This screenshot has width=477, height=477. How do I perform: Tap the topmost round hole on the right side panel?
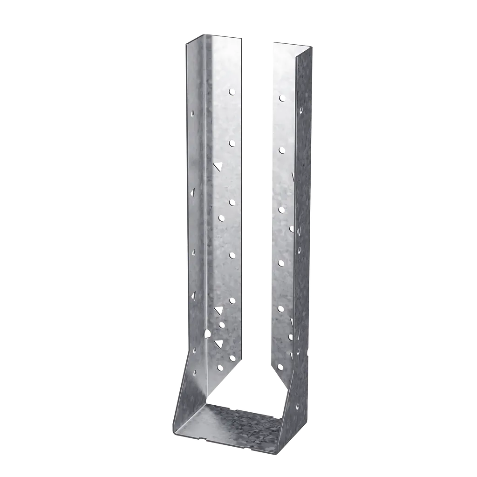[x=282, y=98]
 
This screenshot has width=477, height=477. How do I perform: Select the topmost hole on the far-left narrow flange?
[x=193, y=112]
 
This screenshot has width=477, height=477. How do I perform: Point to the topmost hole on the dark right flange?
[x=301, y=110]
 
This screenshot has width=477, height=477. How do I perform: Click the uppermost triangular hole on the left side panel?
[x=218, y=166]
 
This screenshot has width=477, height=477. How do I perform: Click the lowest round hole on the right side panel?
[x=280, y=366]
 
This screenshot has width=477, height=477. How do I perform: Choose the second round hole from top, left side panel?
[x=232, y=143]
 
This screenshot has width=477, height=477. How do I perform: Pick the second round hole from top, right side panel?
[x=281, y=150]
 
